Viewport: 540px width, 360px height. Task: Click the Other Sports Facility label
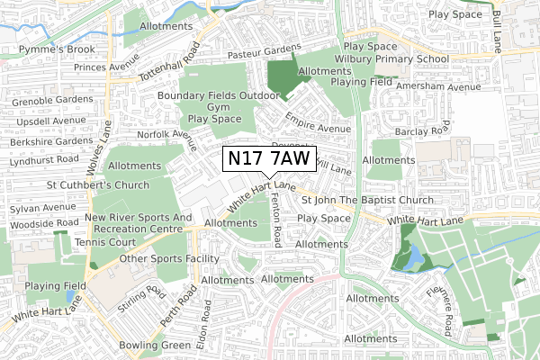pyautogui.click(x=170, y=259)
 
